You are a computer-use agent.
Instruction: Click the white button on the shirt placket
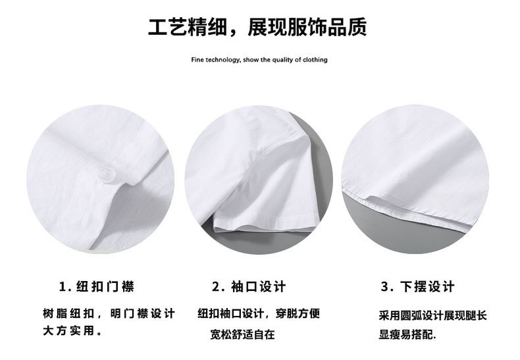click(105, 173)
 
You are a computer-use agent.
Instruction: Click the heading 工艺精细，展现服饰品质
click(257, 27)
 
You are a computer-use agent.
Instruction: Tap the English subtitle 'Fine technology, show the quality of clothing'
click(259, 60)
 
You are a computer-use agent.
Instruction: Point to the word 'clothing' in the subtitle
click(315, 60)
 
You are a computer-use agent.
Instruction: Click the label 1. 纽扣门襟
click(97, 286)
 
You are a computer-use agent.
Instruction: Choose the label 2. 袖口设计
click(249, 286)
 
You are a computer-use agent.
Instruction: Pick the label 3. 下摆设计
click(417, 286)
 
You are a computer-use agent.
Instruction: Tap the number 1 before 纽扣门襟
click(63, 287)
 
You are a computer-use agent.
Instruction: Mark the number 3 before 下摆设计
click(384, 287)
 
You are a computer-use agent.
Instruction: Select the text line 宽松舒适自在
click(243, 334)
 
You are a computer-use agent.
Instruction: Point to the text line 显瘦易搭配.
click(407, 334)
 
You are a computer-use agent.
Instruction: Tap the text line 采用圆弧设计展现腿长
click(432, 315)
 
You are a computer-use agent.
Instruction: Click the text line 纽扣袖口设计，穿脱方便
click(259, 313)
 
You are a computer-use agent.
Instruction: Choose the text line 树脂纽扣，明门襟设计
click(109, 313)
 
